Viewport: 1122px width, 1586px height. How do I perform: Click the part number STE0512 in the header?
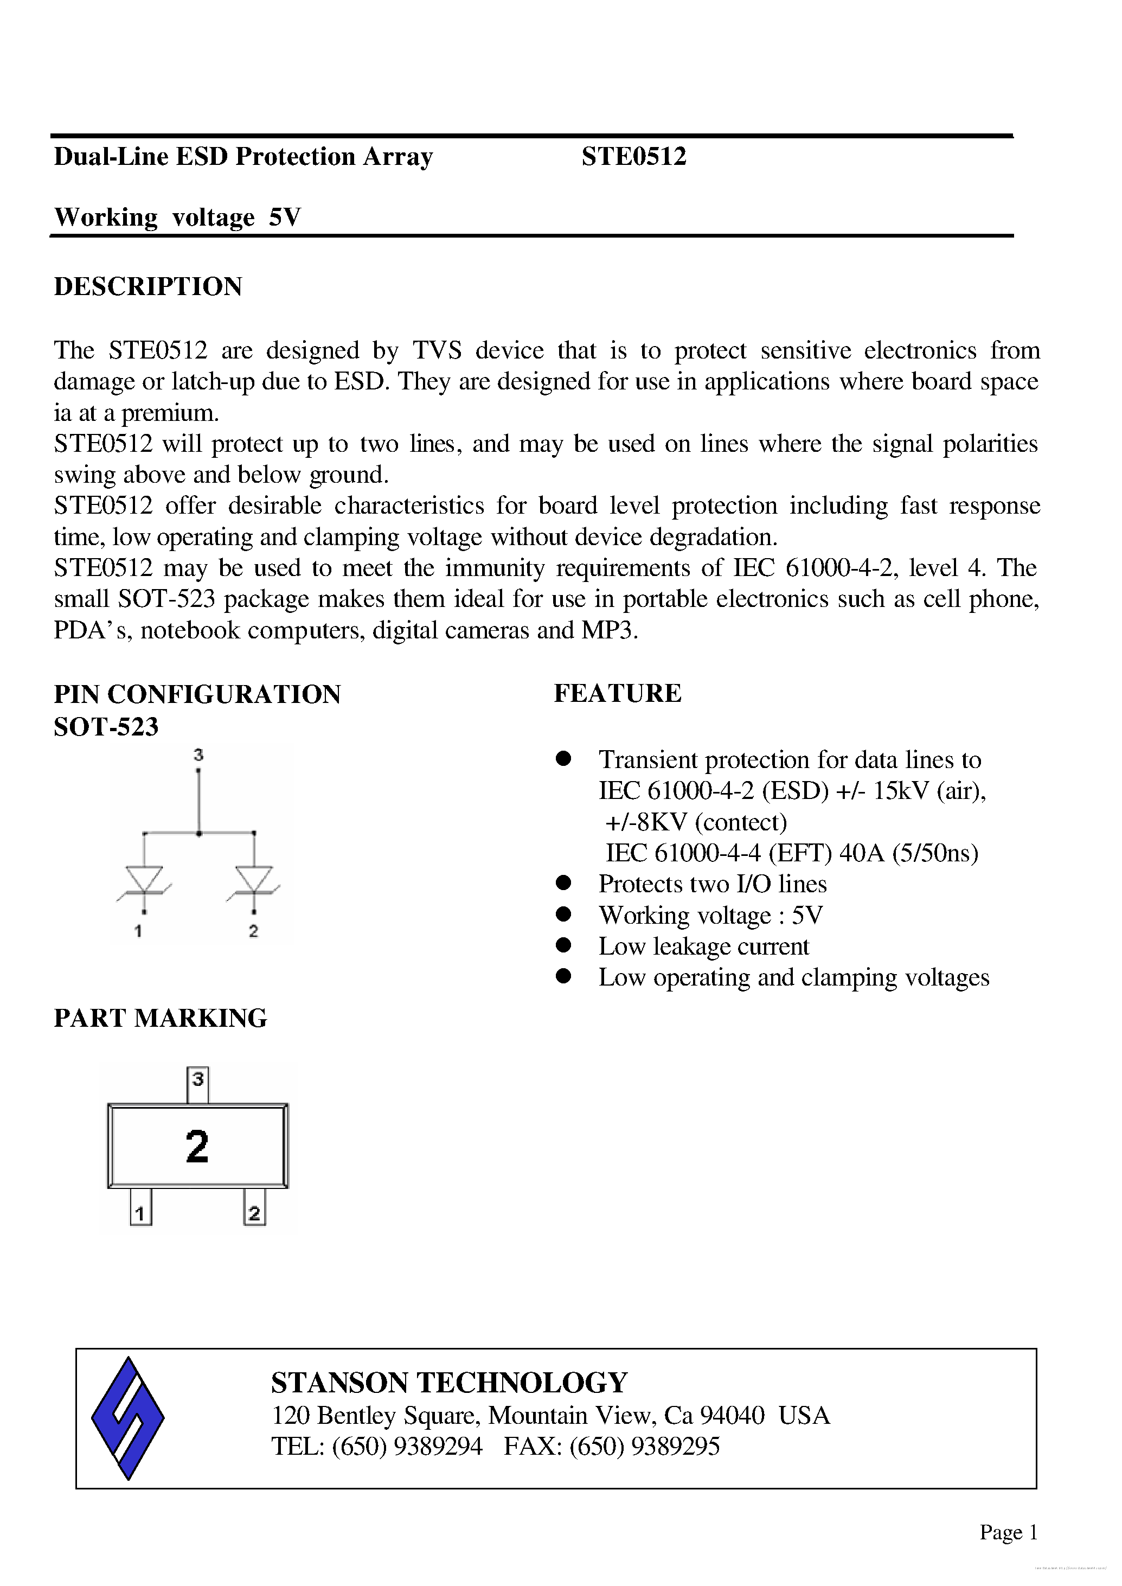633,157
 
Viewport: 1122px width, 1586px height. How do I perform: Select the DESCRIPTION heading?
148,286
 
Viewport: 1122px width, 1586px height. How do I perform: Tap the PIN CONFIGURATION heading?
197,694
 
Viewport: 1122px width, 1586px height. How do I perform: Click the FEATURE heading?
617,693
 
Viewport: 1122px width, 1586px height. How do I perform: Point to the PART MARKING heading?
161,1018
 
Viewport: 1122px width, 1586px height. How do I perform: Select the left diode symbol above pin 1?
144,880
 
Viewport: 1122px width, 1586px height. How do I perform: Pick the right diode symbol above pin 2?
254,880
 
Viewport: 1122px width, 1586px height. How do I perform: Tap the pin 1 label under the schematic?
139,931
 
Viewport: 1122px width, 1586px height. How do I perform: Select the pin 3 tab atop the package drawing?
198,1085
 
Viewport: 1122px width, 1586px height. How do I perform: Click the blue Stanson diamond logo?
129,1418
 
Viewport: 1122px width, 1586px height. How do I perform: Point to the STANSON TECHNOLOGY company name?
449,1383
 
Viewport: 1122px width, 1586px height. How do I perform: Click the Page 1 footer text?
1008,1532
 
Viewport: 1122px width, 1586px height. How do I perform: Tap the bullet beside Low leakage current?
564,945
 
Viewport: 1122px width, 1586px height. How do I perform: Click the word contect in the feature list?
741,822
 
